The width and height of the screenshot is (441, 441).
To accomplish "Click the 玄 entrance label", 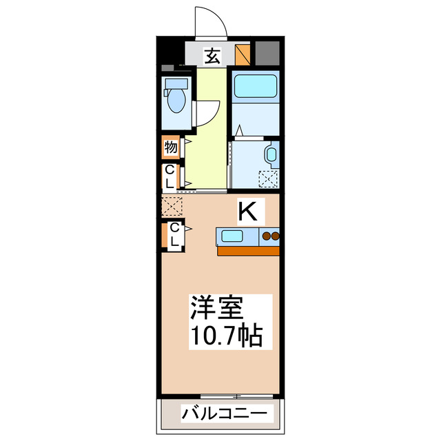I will click(x=212, y=55).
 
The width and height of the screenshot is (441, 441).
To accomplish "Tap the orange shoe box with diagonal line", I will click(x=243, y=54).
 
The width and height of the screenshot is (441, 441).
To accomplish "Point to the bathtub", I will click(x=254, y=88).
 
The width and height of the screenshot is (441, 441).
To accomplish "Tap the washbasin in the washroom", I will click(x=271, y=154).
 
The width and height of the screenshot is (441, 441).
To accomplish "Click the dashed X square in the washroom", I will click(x=267, y=178).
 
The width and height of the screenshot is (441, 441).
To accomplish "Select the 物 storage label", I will click(x=170, y=147).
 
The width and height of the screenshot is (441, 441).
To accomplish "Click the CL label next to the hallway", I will click(x=170, y=176).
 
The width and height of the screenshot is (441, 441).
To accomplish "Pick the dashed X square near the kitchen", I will click(x=171, y=205).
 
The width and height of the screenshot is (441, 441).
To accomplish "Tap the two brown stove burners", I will click(x=270, y=238).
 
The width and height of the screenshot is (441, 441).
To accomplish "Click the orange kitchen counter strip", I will click(x=249, y=251).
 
